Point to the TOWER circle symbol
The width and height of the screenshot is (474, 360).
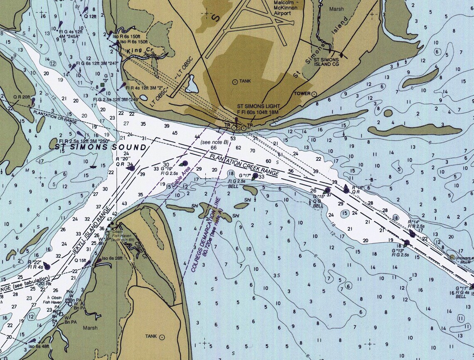pyautogui.click(x=314, y=94)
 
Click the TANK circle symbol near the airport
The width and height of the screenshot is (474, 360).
pyautogui.click(x=235, y=82)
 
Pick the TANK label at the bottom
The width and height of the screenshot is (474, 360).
pyautogui.click(x=151, y=336)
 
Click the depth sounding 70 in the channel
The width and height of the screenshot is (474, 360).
pyautogui.click(x=252, y=151)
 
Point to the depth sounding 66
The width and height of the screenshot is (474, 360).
pyautogui.click(x=214, y=148)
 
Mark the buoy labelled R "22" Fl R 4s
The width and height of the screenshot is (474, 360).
pyautogui.click(x=47, y=266)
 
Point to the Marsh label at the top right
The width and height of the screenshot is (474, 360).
pyautogui.click(x=337, y=9)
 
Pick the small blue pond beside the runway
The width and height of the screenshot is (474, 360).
pyautogui.click(x=192, y=84)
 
